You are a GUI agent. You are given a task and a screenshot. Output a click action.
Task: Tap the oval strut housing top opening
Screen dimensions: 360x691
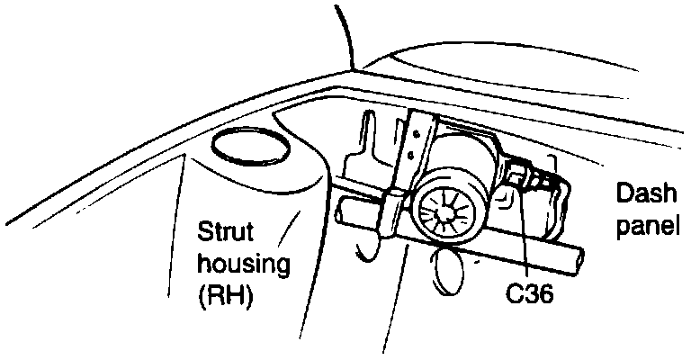249,148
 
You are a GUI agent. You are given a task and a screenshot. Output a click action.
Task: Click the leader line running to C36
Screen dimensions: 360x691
524,234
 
